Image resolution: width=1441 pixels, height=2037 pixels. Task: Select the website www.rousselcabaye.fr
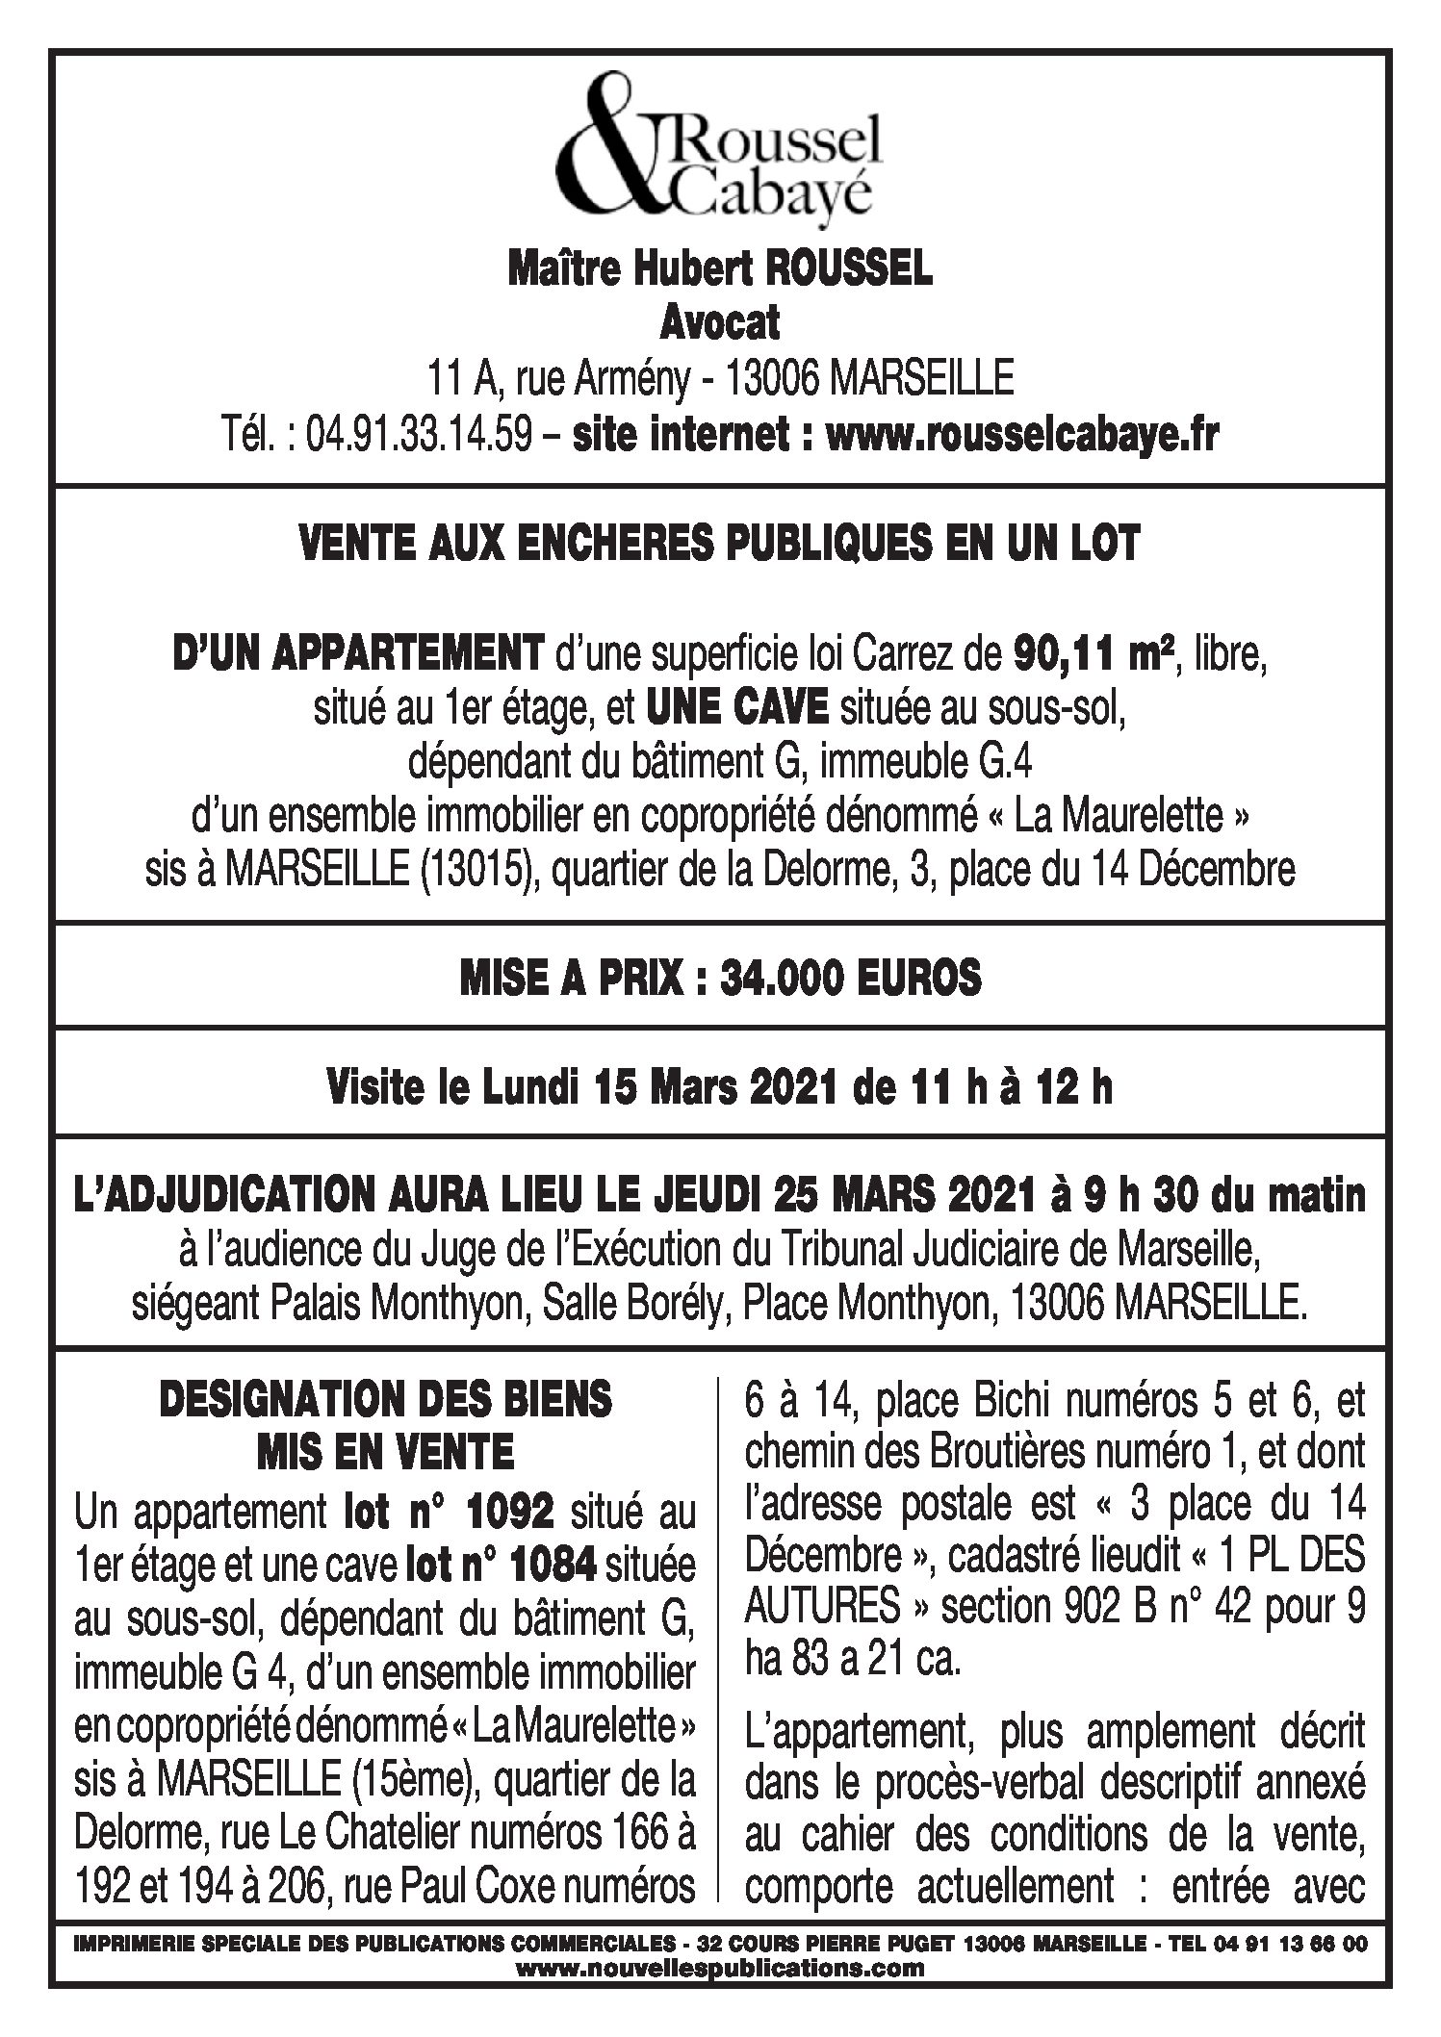pyautogui.click(x=1021, y=436)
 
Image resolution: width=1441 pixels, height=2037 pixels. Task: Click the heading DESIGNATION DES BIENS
pyautogui.click(x=385, y=1399)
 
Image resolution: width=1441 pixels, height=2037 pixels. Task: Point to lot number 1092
pyautogui.click(x=495, y=1512)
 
